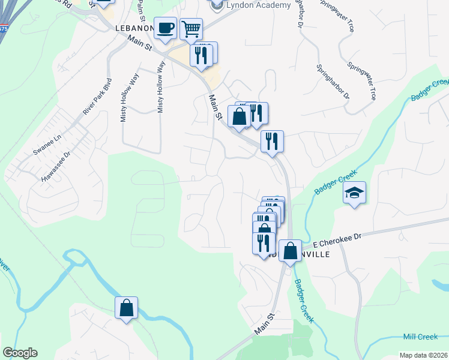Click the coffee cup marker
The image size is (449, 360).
pos(165,28)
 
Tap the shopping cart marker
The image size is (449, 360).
pos(191,29)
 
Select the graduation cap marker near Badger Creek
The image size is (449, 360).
pos(355,193)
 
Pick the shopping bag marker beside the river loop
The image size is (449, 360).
pos(127,308)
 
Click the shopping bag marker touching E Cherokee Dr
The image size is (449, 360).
pos(290,251)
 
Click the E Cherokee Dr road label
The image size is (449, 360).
pos(337,239)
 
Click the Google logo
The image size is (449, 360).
pos(20,353)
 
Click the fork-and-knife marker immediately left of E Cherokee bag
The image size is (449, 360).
pos(264,242)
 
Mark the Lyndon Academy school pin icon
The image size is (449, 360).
pos(215,5)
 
